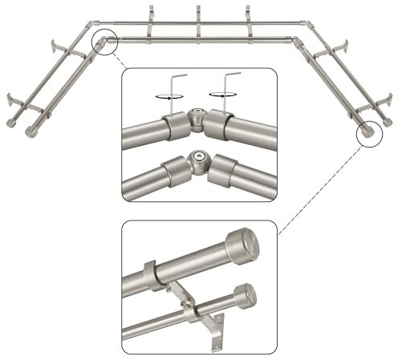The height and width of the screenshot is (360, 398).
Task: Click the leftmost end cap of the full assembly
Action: coord(10,123)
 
